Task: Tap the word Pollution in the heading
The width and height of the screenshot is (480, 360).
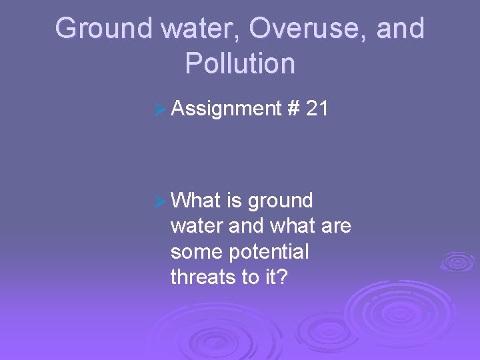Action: (x=240, y=63)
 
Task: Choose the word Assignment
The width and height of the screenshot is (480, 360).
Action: (x=225, y=107)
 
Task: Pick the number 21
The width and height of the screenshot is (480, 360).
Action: (x=317, y=107)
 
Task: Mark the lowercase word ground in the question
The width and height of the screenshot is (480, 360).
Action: (x=281, y=201)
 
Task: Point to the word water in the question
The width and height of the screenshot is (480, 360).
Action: (x=197, y=227)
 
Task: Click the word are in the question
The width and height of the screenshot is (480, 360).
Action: (x=335, y=227)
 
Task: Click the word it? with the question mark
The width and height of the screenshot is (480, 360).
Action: (x=275, y=277)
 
